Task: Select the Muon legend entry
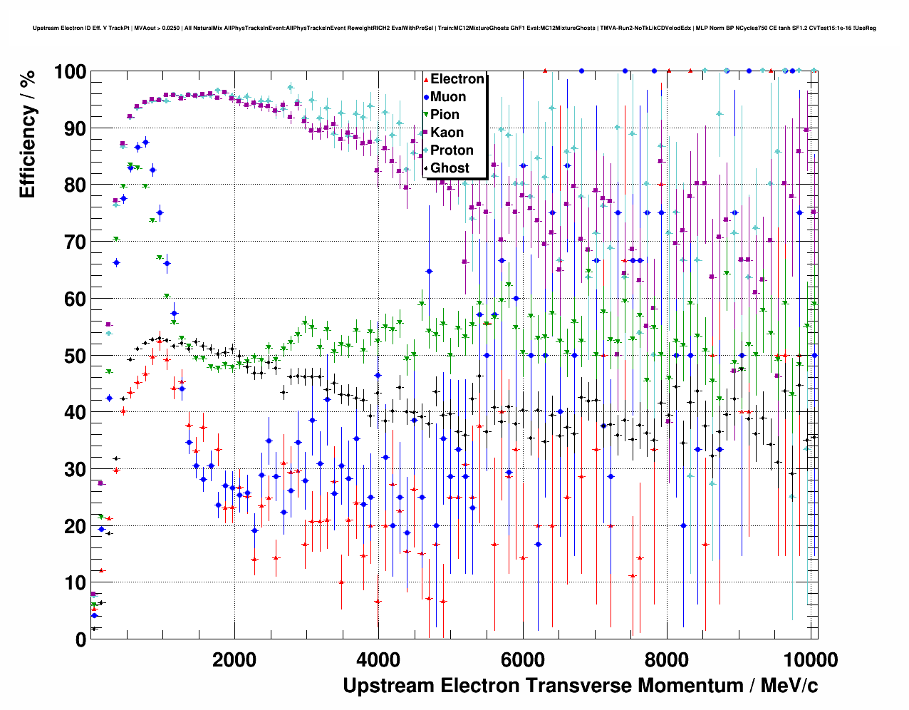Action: click(448, 97)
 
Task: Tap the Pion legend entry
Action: click(445, 115)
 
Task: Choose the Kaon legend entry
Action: click(447, 133)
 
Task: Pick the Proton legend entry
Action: click(452, 150)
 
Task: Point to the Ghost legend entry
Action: click(450, 168)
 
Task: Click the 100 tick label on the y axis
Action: click(70, 72)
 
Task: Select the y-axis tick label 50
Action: click(75, 356)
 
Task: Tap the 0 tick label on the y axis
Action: click(80, 639)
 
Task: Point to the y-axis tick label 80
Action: click(75, 185)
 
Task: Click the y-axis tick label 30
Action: click(75, 469)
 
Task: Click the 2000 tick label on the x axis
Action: click(234, 659)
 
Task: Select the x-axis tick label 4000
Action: click(378, 659)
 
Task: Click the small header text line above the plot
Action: click(454, 29)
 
